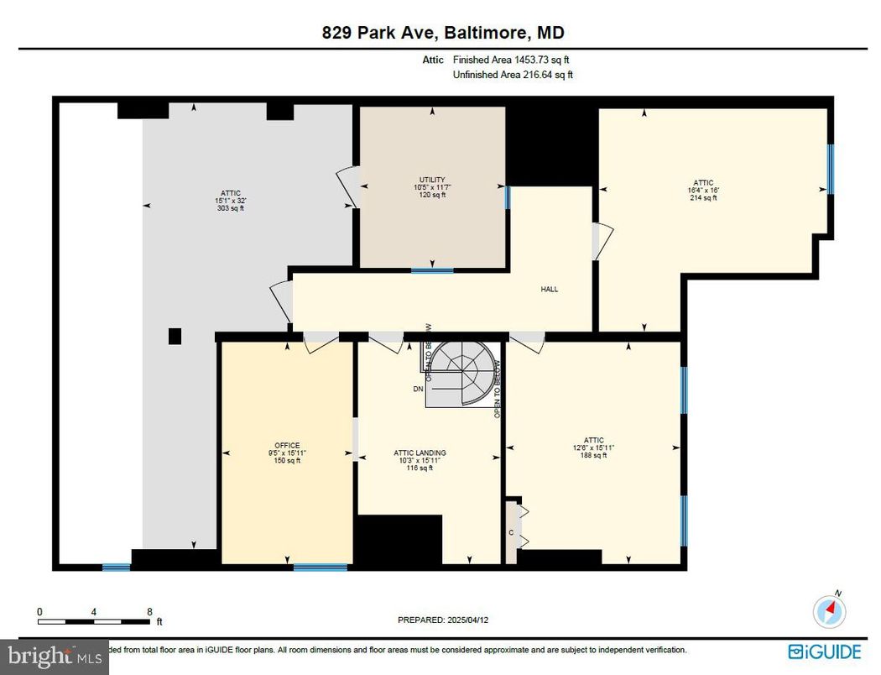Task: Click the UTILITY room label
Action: (x=432, y=180)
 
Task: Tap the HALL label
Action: (x=550, y=289)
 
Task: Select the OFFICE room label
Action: (x=287, y=446)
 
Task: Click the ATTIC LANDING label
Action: (x=420, y=453)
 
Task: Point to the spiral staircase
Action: (x=461, y=374)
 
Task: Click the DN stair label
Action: (x=418, y=389)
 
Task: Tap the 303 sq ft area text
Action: (x=230, y=208)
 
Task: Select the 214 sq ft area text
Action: (x=703, y=198)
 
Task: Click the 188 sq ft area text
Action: (x=593, y=455)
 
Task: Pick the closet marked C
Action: (x=511, y=532)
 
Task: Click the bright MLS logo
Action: (x=54, y=656)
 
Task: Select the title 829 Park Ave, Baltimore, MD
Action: (x=443, y=34)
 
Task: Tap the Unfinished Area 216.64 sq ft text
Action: (x=513, y=75)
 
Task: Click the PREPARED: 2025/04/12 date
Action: (x=441, y=620)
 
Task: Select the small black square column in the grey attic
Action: (x=175, y=336)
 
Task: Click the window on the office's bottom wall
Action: (x=320, y=568)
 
